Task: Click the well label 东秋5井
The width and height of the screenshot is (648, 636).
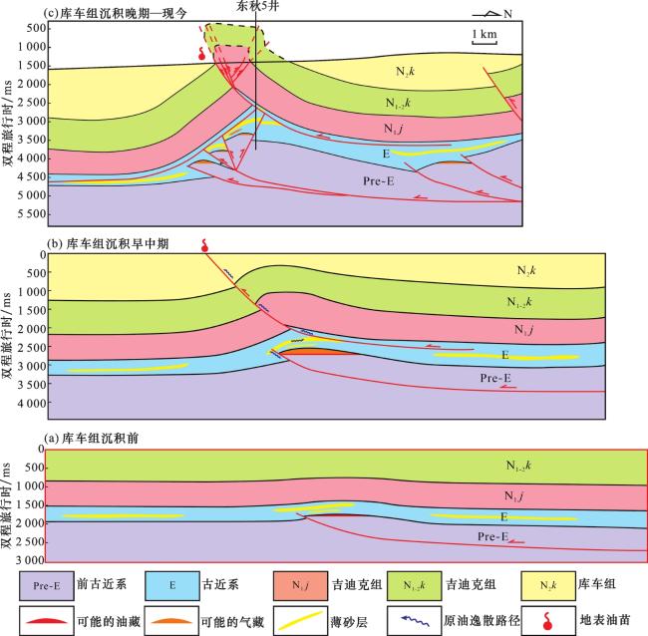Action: pos(256,7)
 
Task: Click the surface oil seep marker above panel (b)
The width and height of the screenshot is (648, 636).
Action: pos(205,244)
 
